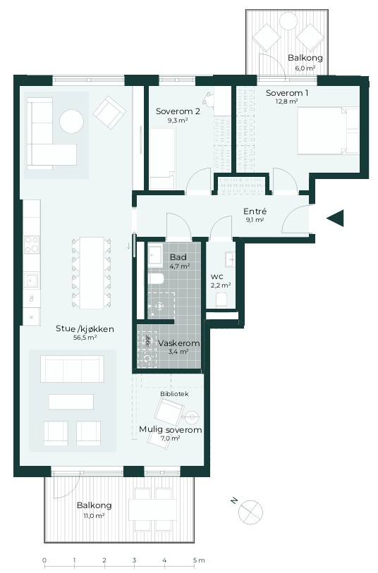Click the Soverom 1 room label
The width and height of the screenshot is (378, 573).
pos(286,93)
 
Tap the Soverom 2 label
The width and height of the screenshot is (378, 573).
pos(178,111)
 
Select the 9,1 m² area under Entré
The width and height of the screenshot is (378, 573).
pos(255,220)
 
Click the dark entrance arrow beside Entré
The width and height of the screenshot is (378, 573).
pos(335,218)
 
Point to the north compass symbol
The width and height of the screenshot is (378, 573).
pos(250,512)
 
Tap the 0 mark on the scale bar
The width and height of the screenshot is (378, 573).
pos(44,560)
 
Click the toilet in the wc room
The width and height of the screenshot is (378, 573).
pos(221,300)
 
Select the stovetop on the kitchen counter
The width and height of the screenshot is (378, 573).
pos(32,244)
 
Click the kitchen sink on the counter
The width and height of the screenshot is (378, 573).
pos(31,281)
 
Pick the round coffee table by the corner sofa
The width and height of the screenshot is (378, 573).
pos(72,121)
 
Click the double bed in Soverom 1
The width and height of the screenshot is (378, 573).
pos(328,130)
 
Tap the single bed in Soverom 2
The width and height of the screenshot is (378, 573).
pos(162,158)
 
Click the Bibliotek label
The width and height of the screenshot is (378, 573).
pos(174,393)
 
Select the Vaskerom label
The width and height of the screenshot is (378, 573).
pos(178,343)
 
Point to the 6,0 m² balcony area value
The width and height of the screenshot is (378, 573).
pos(305,68)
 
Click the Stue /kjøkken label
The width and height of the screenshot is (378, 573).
pos(85,328)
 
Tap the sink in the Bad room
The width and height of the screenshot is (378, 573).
pos(155,254)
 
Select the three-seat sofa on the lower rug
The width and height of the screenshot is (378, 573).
pos(72,369)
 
